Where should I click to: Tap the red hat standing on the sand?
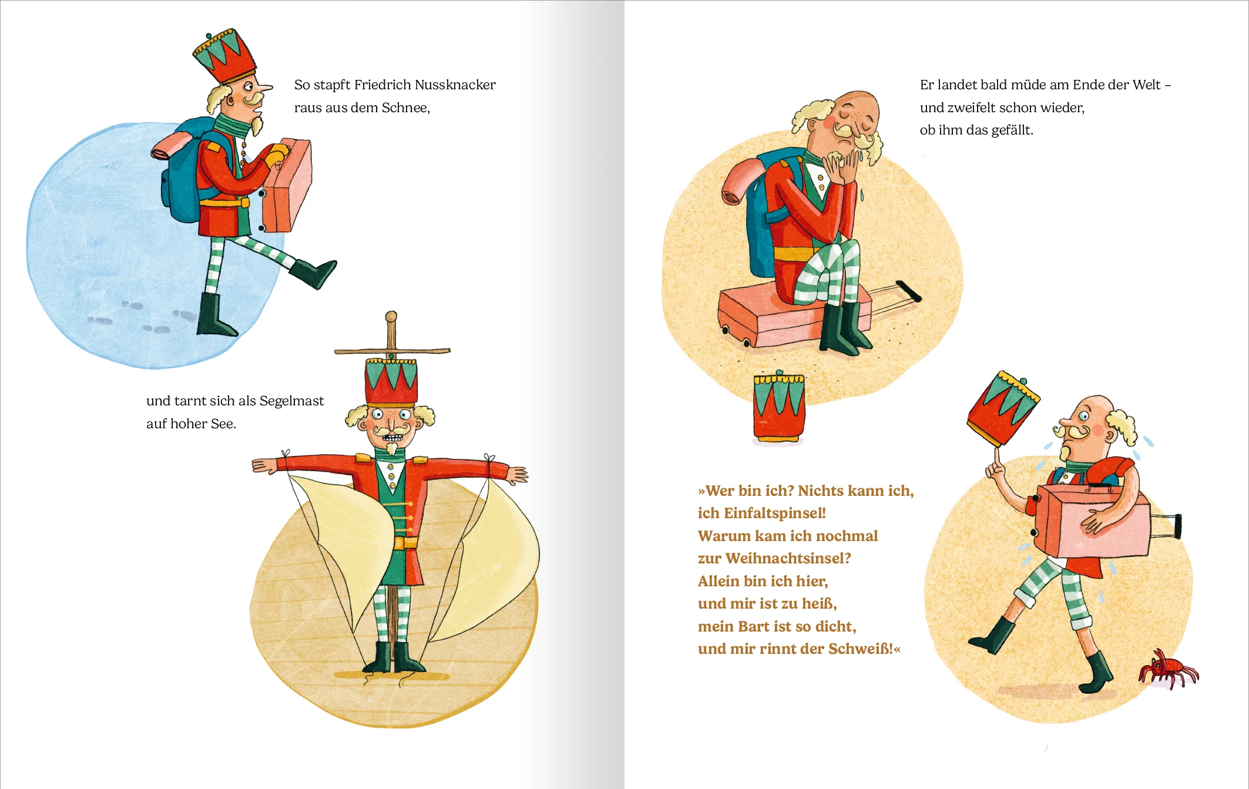point(779,407)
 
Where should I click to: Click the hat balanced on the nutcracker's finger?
point(1002,408)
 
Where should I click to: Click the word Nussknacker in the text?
point(455,85)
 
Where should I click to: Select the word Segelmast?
point(291,401)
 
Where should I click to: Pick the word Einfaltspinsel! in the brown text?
point(774,513)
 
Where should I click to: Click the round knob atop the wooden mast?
point(391,317)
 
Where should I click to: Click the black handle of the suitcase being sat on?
point(908,291)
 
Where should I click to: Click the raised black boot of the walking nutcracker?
point(314,273)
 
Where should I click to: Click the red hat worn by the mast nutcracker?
point(391,382)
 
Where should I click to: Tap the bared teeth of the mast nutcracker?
point(391,438)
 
